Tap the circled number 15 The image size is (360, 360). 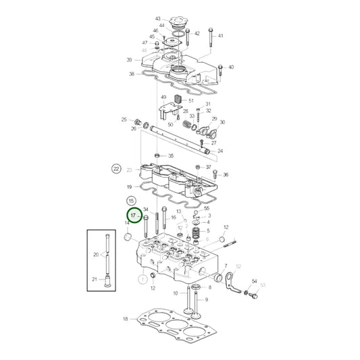[131, 201]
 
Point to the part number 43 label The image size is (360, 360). [157, 19]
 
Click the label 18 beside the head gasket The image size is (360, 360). [125, 319]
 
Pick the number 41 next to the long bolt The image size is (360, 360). [220, 35]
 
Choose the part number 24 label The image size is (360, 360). [220, 151]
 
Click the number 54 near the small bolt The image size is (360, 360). [255, 281]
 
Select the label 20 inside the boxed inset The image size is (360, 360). [96, 255]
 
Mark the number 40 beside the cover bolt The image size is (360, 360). [230, 68]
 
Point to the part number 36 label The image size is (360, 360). [226, 175]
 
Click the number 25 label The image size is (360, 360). [124, 120]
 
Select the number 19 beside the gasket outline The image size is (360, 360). [128, 186]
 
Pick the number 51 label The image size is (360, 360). [191, 101]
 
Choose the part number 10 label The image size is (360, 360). [176, 293]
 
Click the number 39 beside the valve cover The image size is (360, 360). [129, 60]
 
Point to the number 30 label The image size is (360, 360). [223, 122]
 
